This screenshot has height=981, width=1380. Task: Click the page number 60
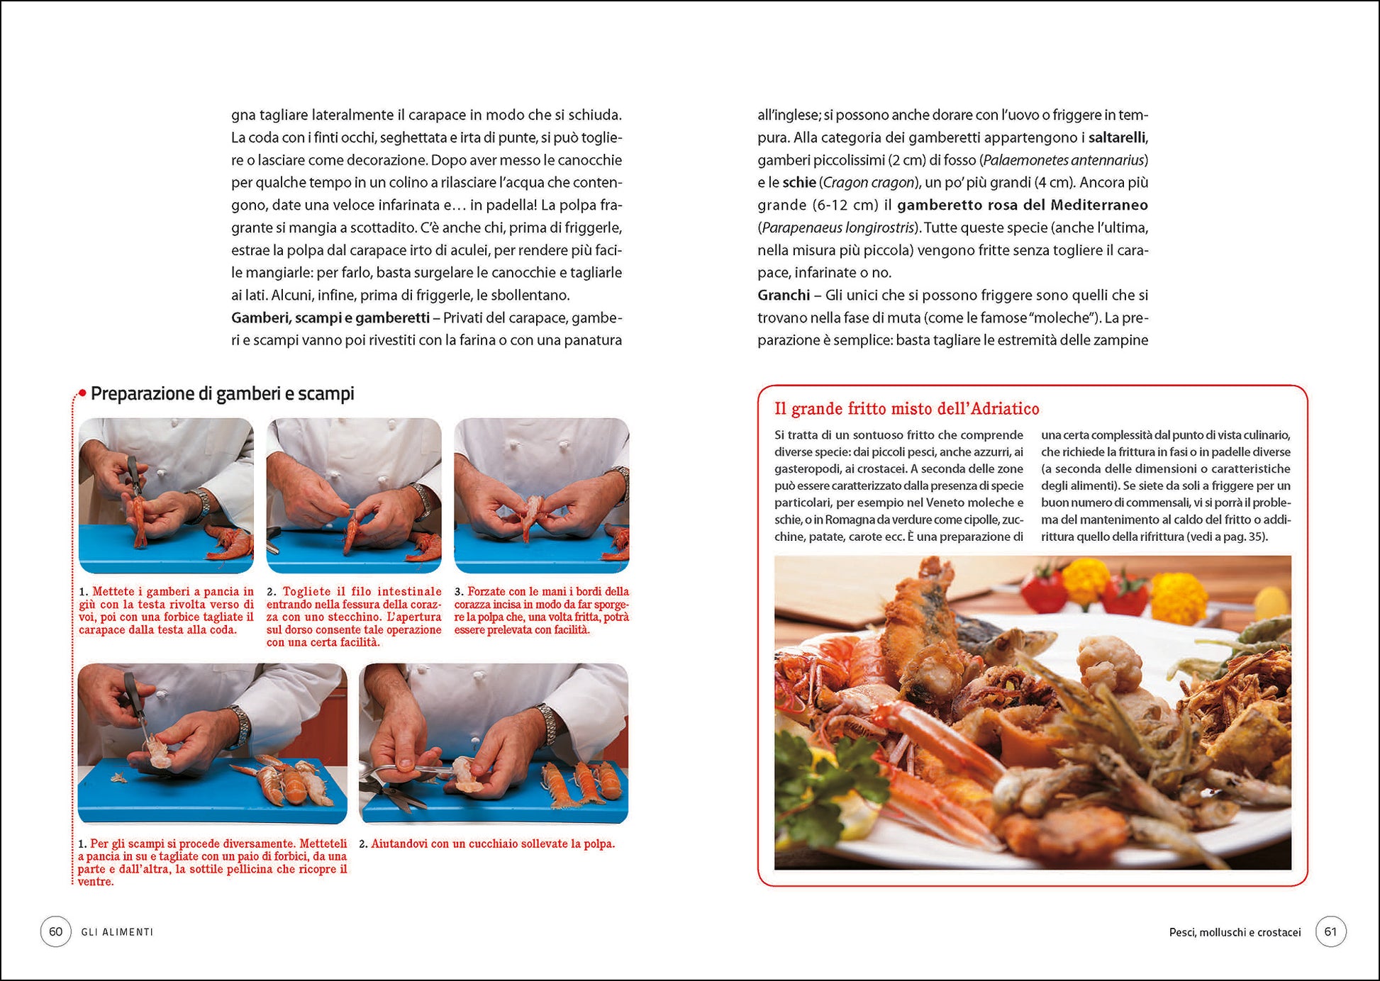pyautogui.click(x=55, y=931)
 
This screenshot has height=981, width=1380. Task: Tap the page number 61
pyautogui.click(x=1330, y=931)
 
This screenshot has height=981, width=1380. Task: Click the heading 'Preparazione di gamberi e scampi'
pyautogui.click(x=222, y=393)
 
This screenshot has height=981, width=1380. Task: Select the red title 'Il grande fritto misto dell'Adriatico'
pyautogui.click(x=906, y=409)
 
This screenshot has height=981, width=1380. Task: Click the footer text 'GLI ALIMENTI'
pyautogui.click(x=117, y=932)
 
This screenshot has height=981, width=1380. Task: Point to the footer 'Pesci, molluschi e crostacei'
pyautogui.click(x=1235, y=933)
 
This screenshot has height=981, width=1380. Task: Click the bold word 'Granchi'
pyautogui.click(x=783, y=295)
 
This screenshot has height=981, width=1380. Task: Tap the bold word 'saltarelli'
pyautogui.click(x=1118, y=138)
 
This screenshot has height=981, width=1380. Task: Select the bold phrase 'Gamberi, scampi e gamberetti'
pyautogui.click(x=330, y=318)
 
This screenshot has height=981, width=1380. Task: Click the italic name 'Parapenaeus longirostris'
pyautogui.click(x=838, y=228)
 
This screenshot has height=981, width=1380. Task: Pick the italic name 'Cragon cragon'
pyautogui.click(x=868, y=183)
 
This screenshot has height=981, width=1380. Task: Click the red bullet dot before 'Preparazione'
pyautogui.click(x=82, y=393)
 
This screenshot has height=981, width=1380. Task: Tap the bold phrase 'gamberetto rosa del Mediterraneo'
pyautogui.click(x=1023, y=205)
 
